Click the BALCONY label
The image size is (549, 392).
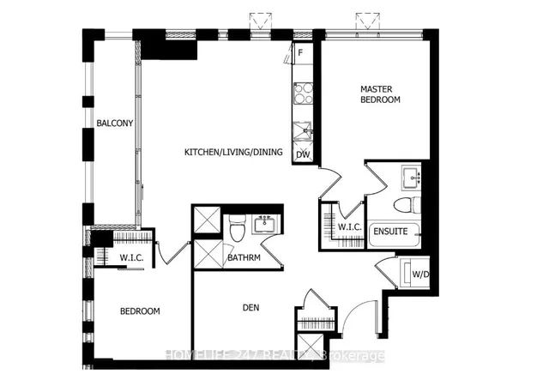point(114,124)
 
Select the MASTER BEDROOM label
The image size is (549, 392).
point(380,94)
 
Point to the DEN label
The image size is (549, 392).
point(251,307)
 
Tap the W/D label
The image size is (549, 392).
point(421,274)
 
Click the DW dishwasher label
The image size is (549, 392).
point(302,154)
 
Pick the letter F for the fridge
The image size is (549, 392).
point(300,53)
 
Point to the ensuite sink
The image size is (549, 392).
point(409,178)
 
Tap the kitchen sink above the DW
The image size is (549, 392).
point(302,131)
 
